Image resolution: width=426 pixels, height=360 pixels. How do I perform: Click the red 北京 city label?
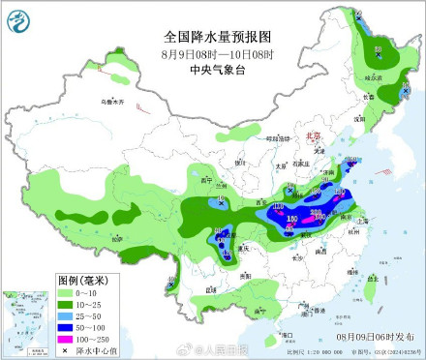[312, 137]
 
